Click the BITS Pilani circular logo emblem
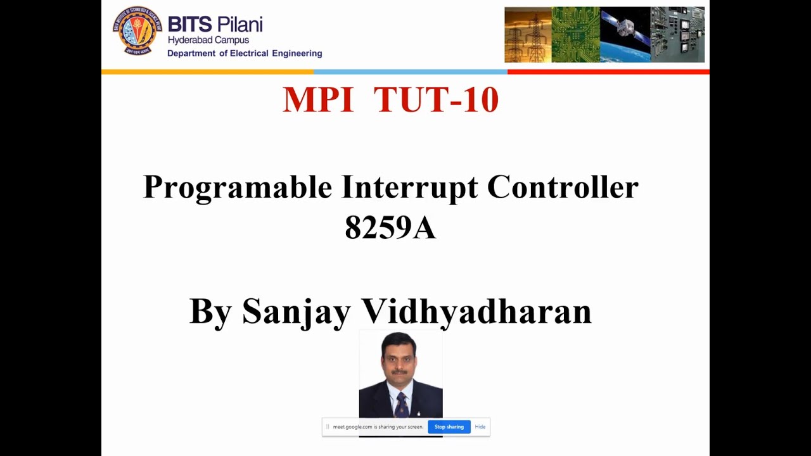coord(137,30)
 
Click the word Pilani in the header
coord(239,25)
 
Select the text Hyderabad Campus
coord(208,41)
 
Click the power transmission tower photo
coord(528,35)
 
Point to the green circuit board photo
coord(575,35)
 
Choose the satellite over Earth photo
coord(625,35)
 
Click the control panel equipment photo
coord(677,35)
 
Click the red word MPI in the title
coord(317,100)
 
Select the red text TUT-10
coord(436,100)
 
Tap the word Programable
coord(238,187)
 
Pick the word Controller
coord(563,187)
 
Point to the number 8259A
coord(390,227)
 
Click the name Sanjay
coord(296,312)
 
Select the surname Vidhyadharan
coord(476,312)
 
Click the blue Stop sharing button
coord(449,427)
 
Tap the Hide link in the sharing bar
coord(480,427)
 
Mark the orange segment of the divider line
coord(207,72)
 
